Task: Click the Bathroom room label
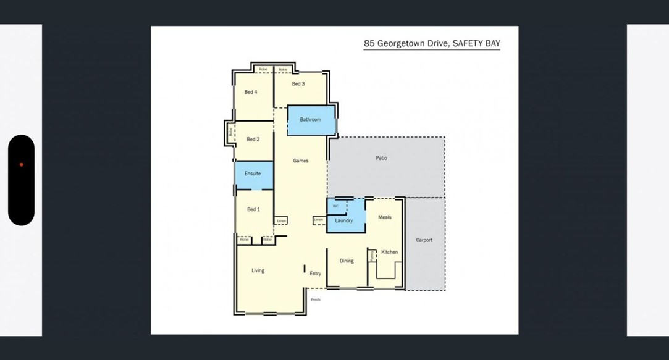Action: pyautogui.click(x=310, y=120)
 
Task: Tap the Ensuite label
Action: pyautogui.click(x=252, y=174)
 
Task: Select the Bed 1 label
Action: pyautogui.click(x=253, y=209)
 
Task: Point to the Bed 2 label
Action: pyautogui.click(x=253, y=140)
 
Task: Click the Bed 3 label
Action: pyautogui.click(x=298, y=84)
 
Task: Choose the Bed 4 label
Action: pyautogui.click(x=251, y=92)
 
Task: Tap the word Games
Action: pyautogui.click(x=300, y=161)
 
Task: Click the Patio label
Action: pyautogui.click(x=381, y=158)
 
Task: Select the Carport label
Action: pyautogui.click(x=424, y=240)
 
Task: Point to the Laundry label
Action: pyautogui.click(x=343, y=220)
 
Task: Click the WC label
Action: pyautogui.click(x=335, y=206)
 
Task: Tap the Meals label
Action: pyautogui.click(x=384, y=217)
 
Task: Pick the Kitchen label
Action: pyautogui.click(x=389, y=252)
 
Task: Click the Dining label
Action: pyautogui.click(x=347, y=261)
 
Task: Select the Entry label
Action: pyautogui.click(x=315, y=274)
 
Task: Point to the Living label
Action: pyautogui.click(x=258, y=270)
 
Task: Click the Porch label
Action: pyautogui.click(x=316, y=299)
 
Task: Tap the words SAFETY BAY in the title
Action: pyautogui.click(x=476, y=44)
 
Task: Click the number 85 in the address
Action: pyautogui.click(x=369, y=44)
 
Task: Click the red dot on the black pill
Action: pyautogui.click(x=21, y=165)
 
